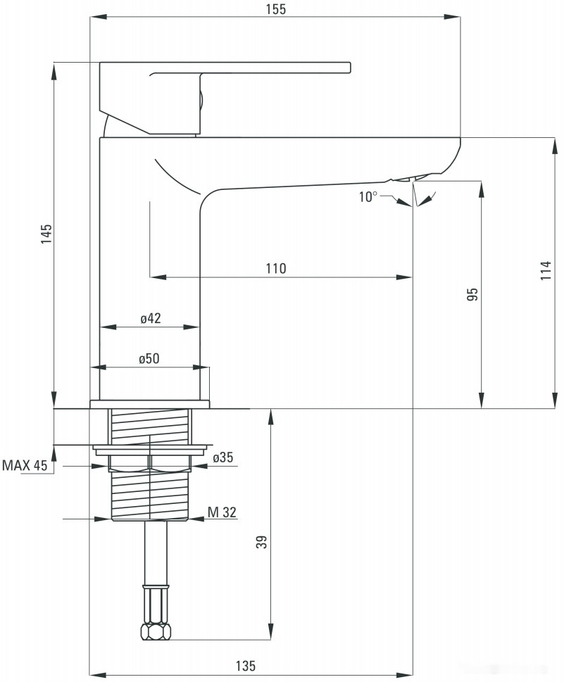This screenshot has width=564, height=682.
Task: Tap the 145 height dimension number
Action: (46, 233)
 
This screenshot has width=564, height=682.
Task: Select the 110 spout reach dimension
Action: (276, 268)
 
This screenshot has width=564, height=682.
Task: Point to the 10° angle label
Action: (368, 197)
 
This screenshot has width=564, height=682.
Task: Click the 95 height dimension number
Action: (473, 294)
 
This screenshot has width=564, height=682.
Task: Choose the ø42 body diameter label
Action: (150, 318)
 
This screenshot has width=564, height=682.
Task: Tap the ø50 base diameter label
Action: (149, 358)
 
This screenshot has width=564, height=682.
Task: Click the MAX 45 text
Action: (25, 465)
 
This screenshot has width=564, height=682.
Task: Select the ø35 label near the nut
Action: (223, 458)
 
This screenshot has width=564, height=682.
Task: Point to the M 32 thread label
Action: (222, 512)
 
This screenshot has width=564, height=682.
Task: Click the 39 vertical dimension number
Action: (261, 542)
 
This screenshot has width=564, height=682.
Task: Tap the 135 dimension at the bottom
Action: (245, 666)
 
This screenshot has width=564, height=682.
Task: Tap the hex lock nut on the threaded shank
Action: (151, 462)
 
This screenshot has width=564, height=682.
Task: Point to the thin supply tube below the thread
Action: (156, 552)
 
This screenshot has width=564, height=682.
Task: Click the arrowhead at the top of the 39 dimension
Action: (270, 415)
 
